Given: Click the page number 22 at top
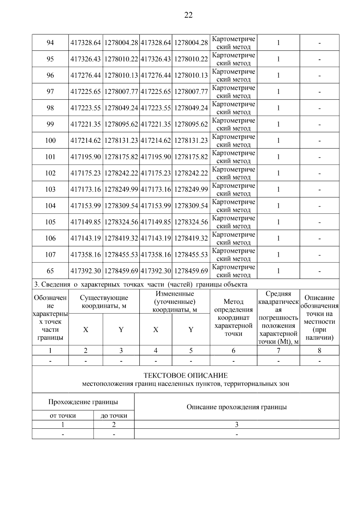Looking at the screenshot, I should [188, 15].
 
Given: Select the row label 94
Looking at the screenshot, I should [50, 43].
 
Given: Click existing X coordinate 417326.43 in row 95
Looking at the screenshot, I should [85, 59].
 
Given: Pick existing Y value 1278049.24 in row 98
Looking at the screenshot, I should [121, 108].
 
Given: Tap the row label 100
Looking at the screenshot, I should [50, 140].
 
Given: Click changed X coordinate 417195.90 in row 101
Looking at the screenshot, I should [156, 157].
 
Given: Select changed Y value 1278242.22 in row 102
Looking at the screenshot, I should [191, 173].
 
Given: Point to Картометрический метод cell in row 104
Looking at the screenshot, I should [233, 206].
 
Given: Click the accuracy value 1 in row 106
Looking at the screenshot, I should [278, 238].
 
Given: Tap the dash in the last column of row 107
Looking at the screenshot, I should [319, 255].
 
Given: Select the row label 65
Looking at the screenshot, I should [50, 271].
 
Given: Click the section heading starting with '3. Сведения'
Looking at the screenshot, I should [140, 284].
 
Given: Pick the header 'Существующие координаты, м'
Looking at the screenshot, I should [104, 302].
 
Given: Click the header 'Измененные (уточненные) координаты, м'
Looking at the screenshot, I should [175, 302].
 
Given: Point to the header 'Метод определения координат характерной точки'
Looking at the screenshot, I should [233, 317].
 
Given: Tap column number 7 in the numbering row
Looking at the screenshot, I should [278, 351].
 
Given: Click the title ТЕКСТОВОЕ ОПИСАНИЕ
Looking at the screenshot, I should [185, 376].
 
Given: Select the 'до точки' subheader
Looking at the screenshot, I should [114, 416].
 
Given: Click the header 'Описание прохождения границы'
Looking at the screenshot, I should [236, 407].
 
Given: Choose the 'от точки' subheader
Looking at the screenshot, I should [62, 416].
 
